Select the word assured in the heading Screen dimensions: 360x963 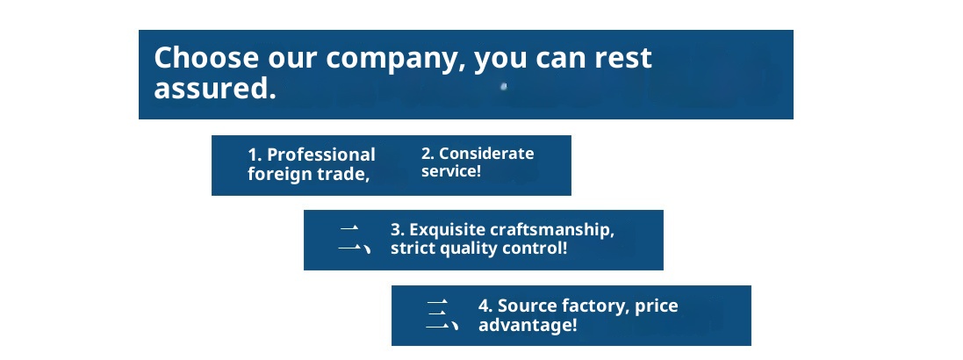click(x=209, y=88)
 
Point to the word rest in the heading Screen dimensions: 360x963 click(x=619, y=58)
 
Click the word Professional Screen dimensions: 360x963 click(x=320, y=155)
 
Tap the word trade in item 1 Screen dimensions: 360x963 click(x=343, y=174)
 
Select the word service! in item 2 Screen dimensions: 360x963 click(x=451, y=171)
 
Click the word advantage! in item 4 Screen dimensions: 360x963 click(x=528, y=325)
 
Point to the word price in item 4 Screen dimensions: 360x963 click(x=657, y=306)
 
